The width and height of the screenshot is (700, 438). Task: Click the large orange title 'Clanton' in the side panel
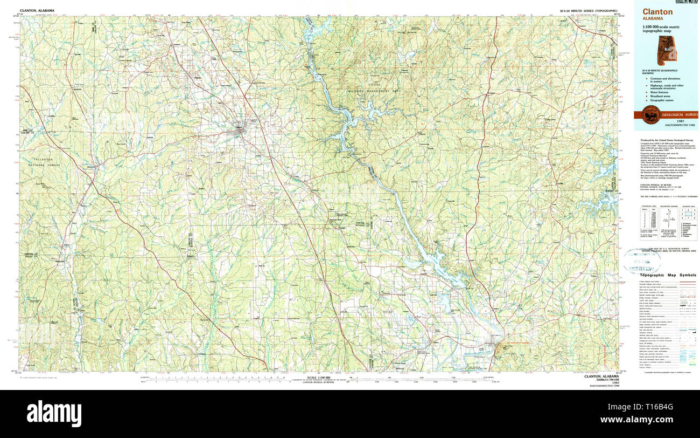(657, 11)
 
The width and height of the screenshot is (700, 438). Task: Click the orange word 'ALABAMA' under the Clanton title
(653, 18)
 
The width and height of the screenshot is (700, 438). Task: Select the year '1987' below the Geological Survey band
(666, 121)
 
